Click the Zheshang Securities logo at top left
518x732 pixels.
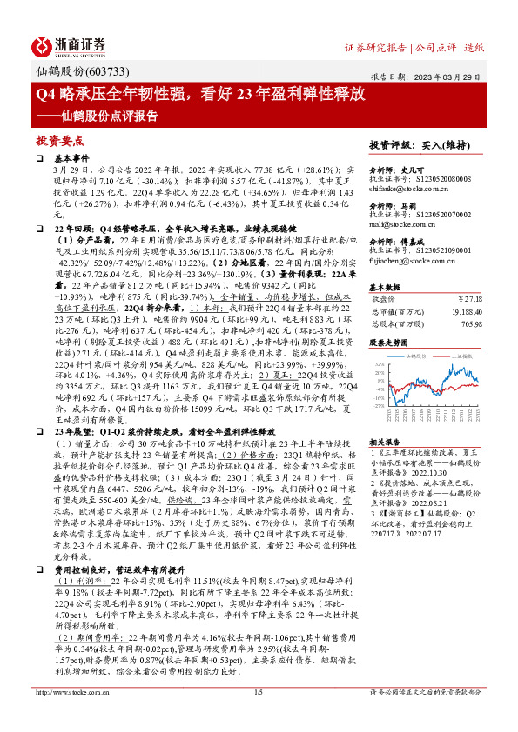point(70,45)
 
